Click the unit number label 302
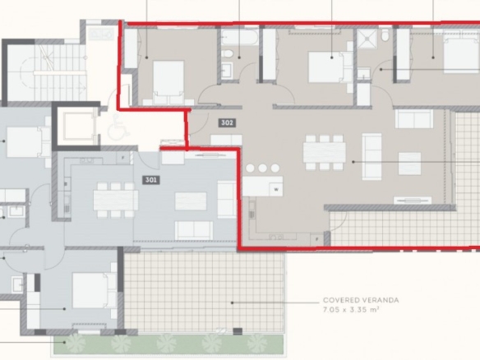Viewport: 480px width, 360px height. pyautogui.click(x=227, y=122)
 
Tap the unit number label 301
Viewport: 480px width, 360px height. pyautogui.click(x=151, y=180)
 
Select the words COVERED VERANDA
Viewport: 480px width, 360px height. pyautogui.click(x=361, y=300)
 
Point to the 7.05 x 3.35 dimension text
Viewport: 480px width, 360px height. pyautogui.click(x=351, y=310)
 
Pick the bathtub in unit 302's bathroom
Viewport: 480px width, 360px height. pyautogui.click(x=240, y=38)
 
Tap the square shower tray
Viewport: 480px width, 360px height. pyautogui.click(x=367, y=39)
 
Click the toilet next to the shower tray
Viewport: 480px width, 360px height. pyautogui.click(x=385, y=36)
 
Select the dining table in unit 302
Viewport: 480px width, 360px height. pyautogui.click(x=325, y=152)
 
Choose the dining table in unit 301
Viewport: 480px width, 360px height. pyautogui.click(x=116, y=200)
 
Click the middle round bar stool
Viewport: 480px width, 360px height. pyautogui.click(x=263, y=168)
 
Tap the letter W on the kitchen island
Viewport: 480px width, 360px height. pyautogui.click(x=276, y=190)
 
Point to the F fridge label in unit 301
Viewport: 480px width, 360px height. pyautogui.click(x=123, y=158)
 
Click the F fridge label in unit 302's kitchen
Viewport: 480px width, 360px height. pyautogui.click(x=317, y=239)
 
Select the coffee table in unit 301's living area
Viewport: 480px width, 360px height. pyautogui.click(x=191, y=201)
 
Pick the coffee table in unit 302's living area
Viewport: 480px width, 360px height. pyautogui.click(x=409, y=164)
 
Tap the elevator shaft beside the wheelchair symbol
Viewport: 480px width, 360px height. pyautogui.click(x=78, y=127)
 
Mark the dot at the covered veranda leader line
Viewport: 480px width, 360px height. pyautogui.click(x=232, y=302)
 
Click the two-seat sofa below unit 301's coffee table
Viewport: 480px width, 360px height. pyautogui.click(x=194, y=230)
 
